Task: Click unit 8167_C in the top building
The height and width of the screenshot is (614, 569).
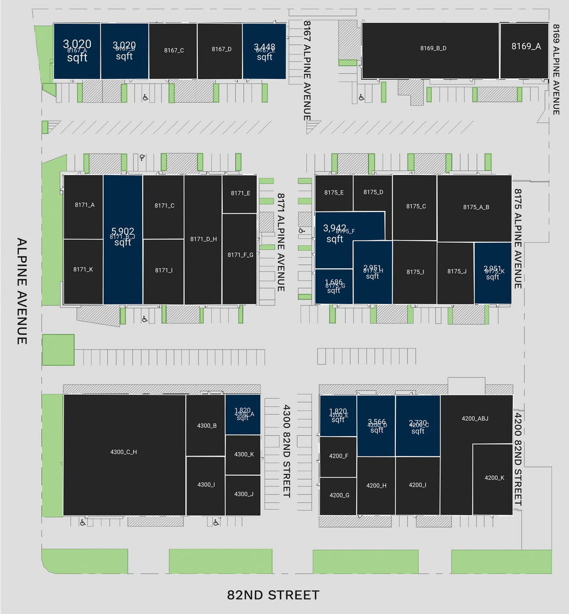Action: pos(173,51)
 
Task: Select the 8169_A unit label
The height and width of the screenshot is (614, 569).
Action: pos(525,47)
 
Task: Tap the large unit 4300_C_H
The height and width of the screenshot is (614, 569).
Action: pos(124,452)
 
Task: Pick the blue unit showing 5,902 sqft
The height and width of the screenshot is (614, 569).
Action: pos(122,237)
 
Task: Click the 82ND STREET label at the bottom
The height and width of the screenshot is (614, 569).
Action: pos(273,595)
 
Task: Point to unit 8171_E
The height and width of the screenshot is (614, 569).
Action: pos(240,193)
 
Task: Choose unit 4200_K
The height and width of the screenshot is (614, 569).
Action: pos(493,478)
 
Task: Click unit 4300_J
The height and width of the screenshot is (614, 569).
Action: pos(243,495)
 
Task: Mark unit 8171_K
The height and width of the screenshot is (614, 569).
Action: pos(83,270)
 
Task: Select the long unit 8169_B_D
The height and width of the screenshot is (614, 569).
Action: pos(432,48)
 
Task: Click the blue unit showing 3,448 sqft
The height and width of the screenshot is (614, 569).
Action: pos(264,51)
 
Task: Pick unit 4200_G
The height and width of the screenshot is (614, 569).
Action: pos(339,496)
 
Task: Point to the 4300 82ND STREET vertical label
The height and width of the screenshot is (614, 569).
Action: pos(286,450)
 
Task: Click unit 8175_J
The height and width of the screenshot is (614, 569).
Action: pos(456,271)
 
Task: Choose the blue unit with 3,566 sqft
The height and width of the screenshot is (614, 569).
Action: pos(376,426)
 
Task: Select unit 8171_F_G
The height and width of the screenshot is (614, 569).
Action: pos(240,255)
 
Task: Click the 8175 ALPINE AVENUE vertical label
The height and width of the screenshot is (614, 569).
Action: pos(518,238)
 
